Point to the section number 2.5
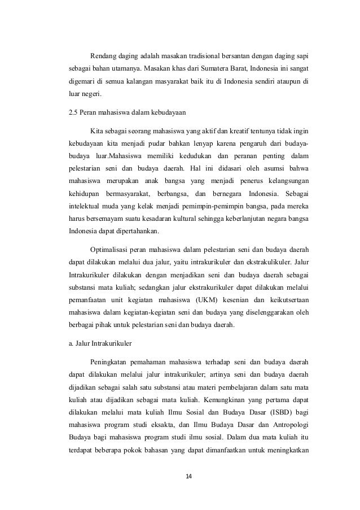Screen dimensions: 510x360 click(72, 112)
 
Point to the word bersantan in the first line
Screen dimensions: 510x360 click(228, 56)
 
